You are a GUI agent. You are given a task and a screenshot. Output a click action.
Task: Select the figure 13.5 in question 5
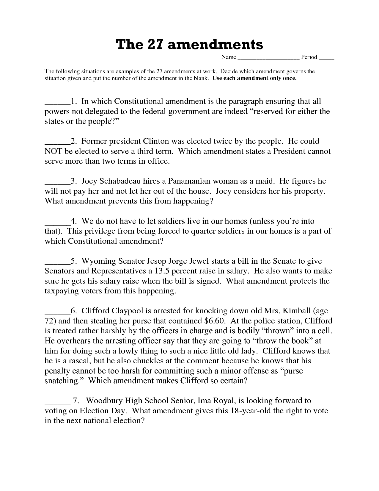point(162,271)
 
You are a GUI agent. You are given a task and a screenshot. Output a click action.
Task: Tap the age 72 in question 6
point(49,321)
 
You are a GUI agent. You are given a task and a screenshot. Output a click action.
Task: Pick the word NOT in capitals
point(53,151)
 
